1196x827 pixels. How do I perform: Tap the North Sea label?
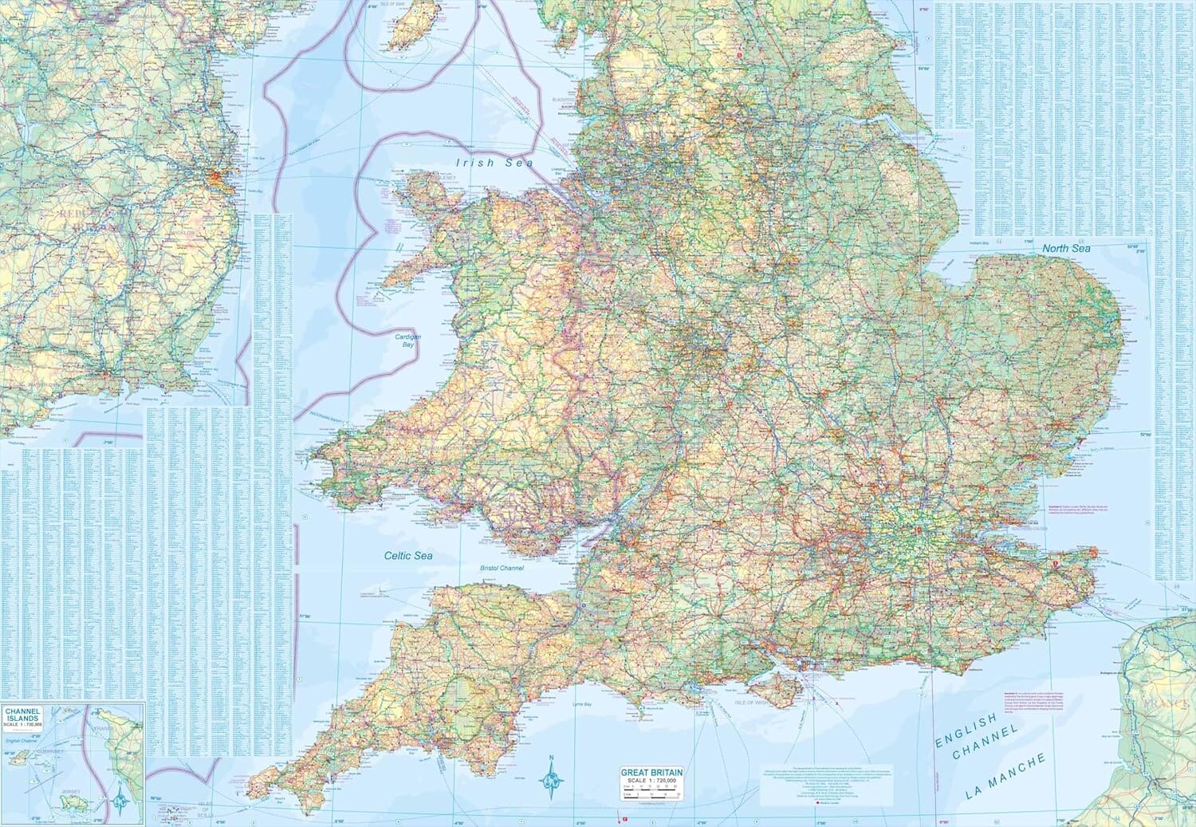[1066, 249]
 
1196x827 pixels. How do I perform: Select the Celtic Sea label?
[407, 556]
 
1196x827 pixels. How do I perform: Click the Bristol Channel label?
[501, 568]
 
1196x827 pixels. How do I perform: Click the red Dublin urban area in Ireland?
[216, 177]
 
